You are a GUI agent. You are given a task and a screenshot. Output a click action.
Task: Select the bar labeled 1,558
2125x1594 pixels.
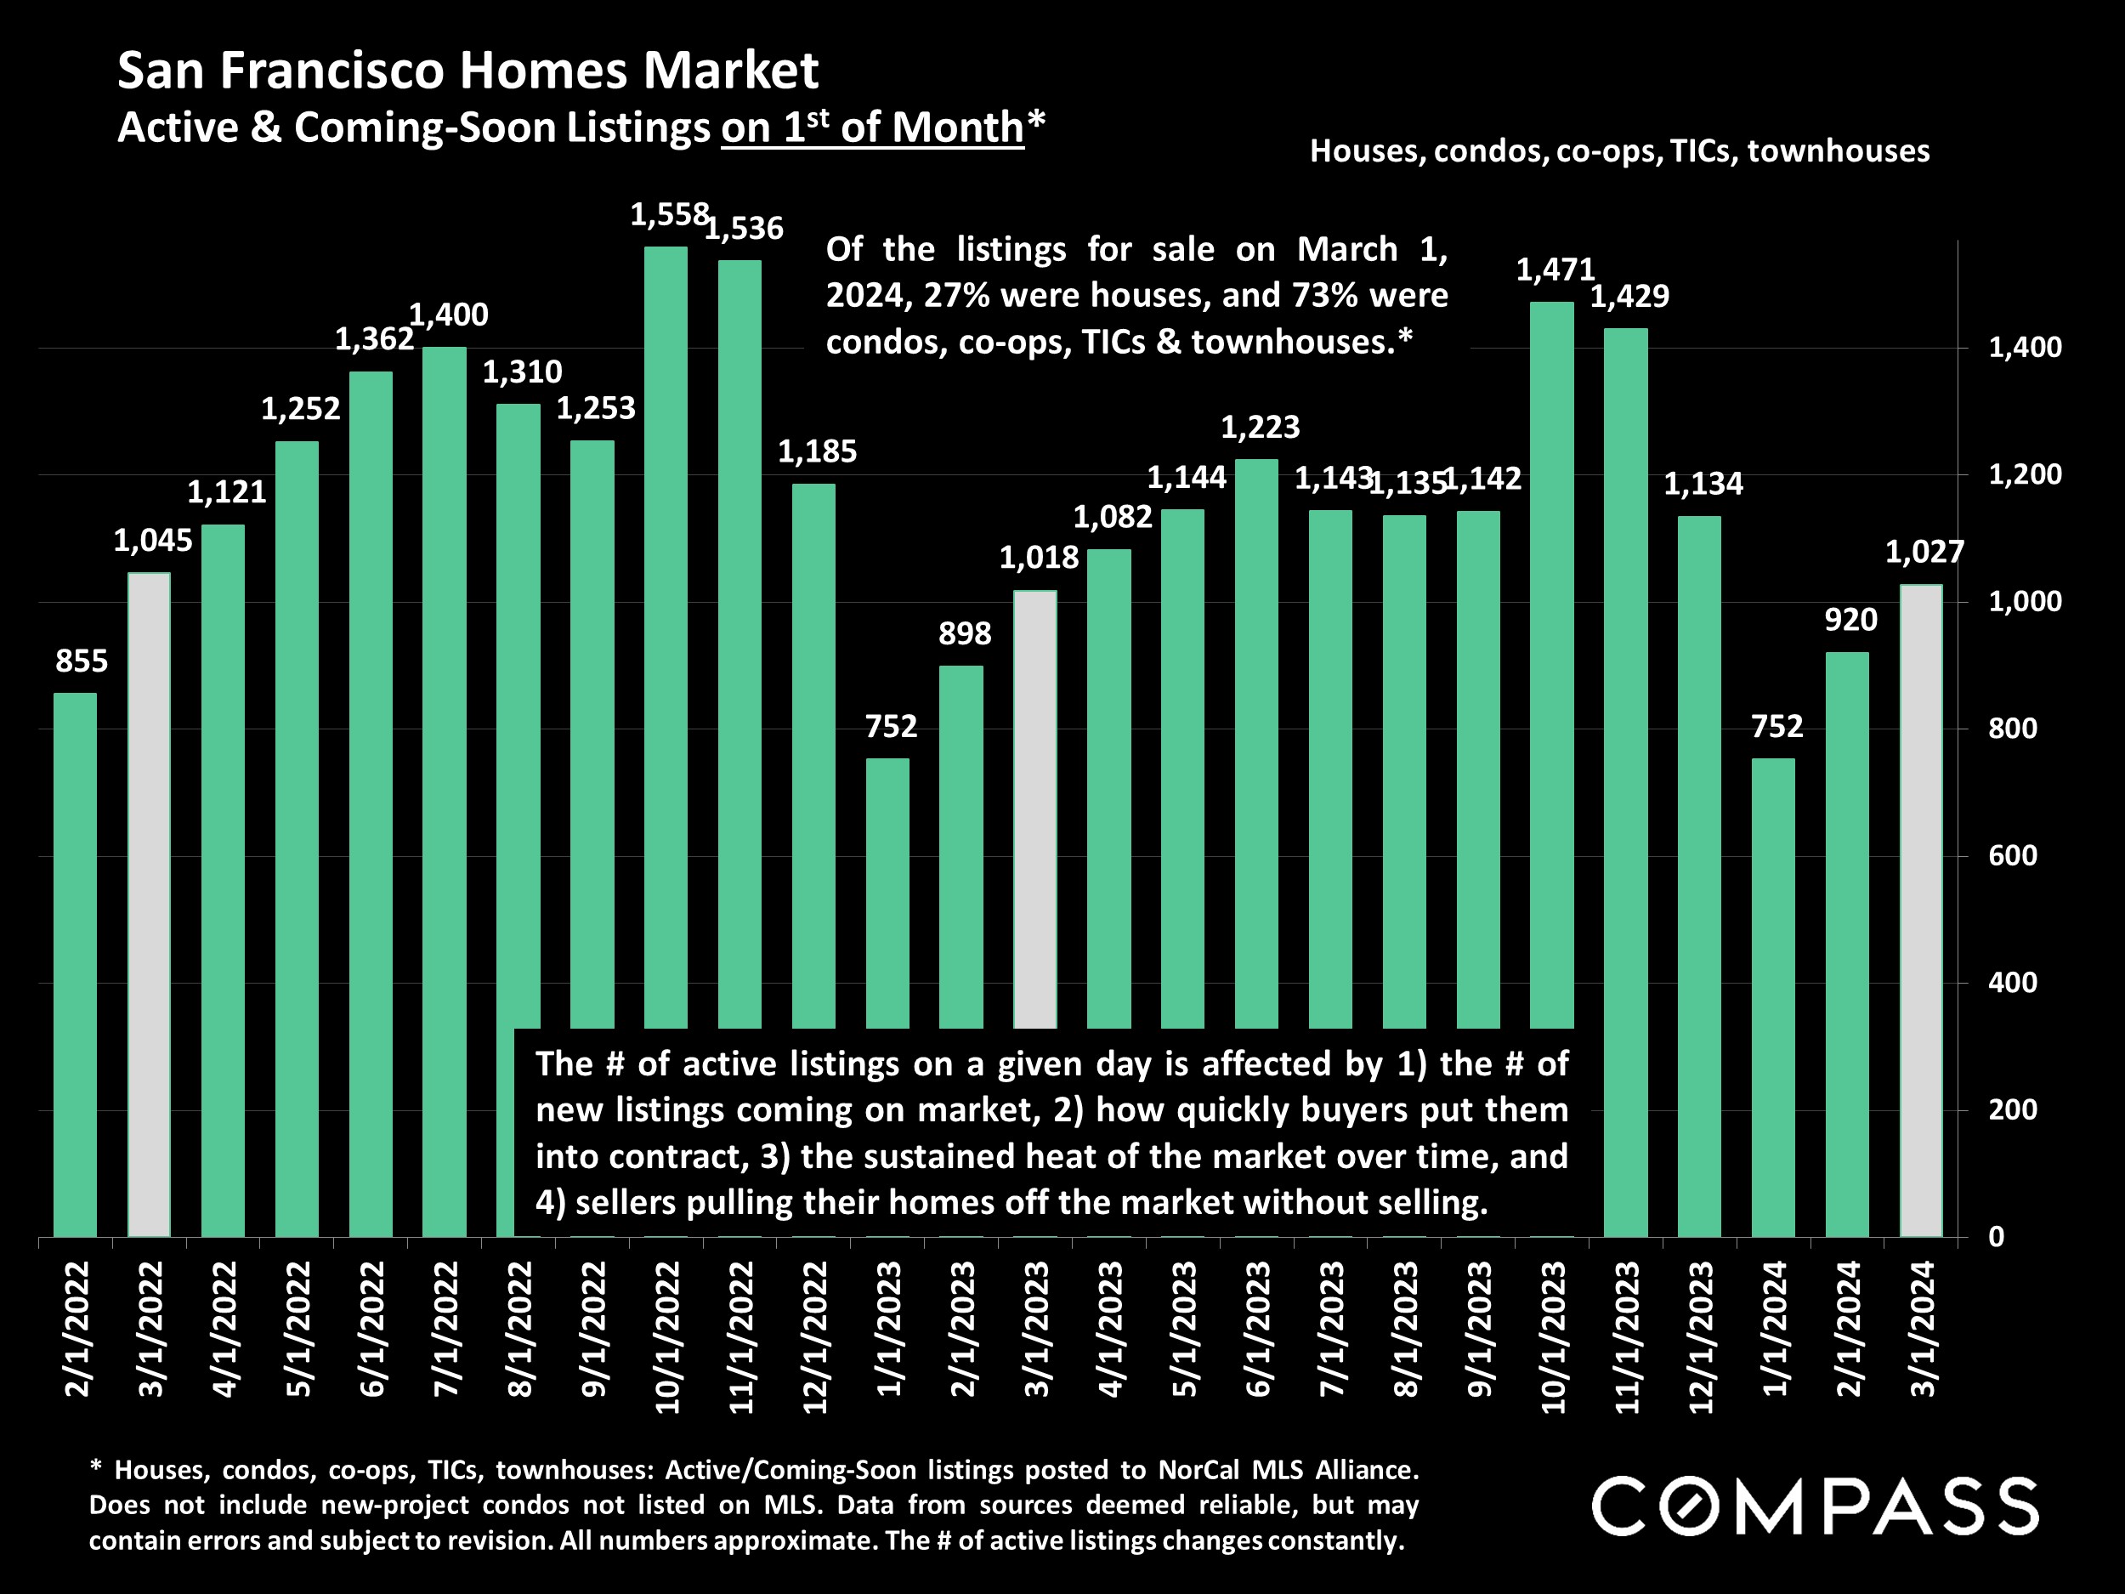point(666,634)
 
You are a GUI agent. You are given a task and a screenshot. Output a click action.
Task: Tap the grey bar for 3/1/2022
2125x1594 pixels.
point(149,903)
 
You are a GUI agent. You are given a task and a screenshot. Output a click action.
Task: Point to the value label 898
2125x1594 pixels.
point(965,634)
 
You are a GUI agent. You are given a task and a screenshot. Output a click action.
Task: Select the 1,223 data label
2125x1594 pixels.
point(1260,427)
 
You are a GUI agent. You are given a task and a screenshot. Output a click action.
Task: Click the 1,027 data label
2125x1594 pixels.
point(1924,552)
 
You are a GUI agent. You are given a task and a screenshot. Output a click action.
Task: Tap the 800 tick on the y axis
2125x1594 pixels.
point(2013,729)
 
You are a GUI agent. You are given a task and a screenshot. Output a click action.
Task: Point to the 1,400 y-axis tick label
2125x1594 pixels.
point(2024,348)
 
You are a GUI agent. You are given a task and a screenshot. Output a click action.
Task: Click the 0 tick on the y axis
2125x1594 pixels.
point(1997,1238)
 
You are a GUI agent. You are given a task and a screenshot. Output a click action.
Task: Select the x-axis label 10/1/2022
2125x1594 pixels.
point(667,1337)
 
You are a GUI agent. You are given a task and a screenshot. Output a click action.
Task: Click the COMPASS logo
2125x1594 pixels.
point(1815,1506)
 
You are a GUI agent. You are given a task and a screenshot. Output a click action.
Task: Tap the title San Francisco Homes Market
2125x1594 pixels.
point(467,71)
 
